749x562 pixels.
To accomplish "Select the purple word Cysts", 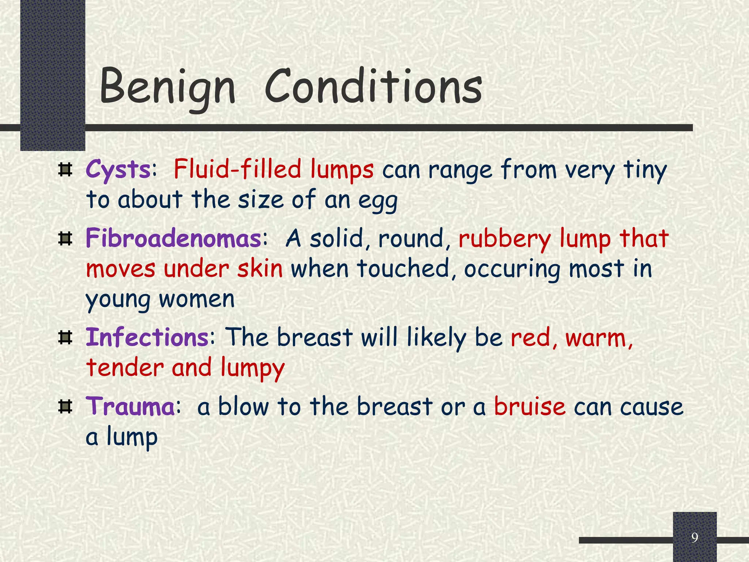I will (x=118, y=170).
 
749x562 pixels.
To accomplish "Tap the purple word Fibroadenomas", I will (x=173, y=238).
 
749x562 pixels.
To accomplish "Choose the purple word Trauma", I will (x=130, y=406).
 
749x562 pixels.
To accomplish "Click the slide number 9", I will (x=695, y=537).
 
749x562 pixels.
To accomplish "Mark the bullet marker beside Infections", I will (x=65, y=337).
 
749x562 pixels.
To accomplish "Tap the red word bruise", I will (x=530, y=406).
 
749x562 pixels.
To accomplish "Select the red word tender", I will (x=125, y=367).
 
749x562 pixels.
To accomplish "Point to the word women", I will (x=196, y=299).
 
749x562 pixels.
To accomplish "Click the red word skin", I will (x=260, y=268).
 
